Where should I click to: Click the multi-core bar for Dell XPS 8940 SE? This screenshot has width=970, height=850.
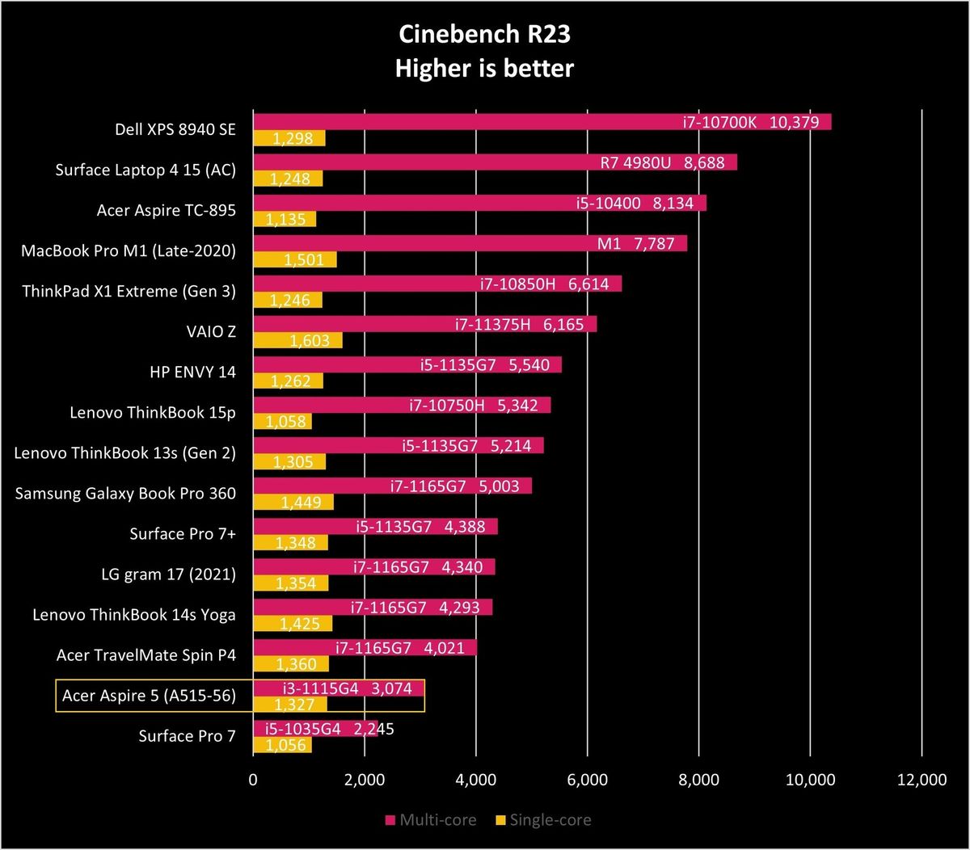point(542,122)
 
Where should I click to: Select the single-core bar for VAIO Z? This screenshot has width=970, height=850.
point(297,340)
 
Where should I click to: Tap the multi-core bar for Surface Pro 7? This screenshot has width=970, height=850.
point(315,729)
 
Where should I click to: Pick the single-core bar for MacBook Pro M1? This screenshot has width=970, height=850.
point(295,259)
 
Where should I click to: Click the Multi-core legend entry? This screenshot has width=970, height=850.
point(431,820)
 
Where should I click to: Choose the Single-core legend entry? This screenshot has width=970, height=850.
point(543,820)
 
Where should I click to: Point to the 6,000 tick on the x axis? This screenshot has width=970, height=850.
point(588,780)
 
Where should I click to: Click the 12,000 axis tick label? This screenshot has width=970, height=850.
point(921,780)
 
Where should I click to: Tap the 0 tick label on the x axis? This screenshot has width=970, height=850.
point(253,780)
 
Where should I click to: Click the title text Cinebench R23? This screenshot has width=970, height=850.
point(484,35)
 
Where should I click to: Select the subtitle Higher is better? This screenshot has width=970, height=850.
point(484,69)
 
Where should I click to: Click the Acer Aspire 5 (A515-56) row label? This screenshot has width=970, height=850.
point(149,696)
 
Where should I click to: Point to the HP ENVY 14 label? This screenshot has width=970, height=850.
point(192,372)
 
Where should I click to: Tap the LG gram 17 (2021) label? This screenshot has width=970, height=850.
point(168,574)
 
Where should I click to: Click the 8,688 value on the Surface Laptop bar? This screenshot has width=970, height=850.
point(704,162)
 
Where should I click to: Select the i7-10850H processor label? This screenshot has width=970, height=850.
point(517,284)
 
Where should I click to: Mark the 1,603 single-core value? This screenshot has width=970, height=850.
point(310,341)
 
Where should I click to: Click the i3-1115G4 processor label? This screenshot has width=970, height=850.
point(320,688)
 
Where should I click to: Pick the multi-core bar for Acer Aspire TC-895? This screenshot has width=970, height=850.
point(479,203)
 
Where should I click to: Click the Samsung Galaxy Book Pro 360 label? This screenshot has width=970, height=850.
point(125,494)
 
